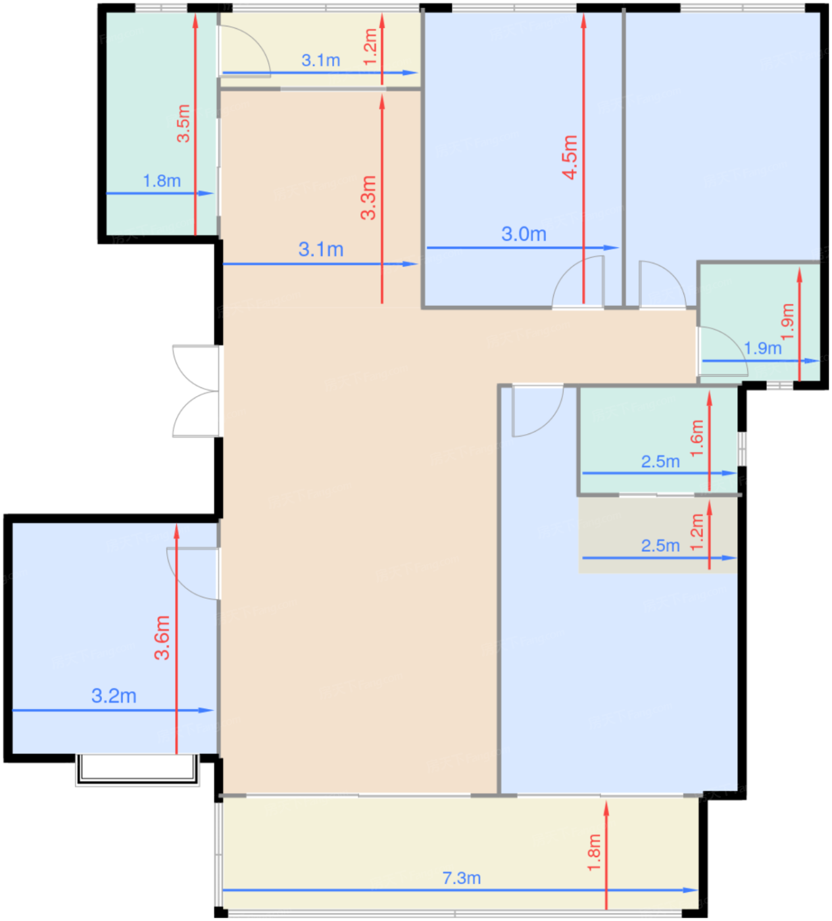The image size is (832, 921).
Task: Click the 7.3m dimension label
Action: click(462, 878)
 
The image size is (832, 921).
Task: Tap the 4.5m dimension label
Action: click(570, 157)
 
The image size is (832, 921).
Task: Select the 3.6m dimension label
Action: click(162, 637)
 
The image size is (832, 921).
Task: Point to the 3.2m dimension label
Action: click(114, 695)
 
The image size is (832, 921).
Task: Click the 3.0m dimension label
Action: click(524, 234)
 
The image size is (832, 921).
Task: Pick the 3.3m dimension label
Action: click(368, 197)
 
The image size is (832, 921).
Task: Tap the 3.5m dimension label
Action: click(184, 124)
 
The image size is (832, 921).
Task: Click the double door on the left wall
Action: click(197, 391)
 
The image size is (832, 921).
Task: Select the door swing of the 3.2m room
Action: click(193, 574)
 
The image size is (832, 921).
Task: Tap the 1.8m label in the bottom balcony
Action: click(594, 853)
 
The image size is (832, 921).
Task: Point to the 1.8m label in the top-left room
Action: click(162, 181)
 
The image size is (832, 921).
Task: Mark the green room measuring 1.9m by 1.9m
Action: click(760, 322)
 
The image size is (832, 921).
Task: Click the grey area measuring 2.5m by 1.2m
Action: click(658, 535)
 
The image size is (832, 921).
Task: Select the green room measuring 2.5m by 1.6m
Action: click(658, 441)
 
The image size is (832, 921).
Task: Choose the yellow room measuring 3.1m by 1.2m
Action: click(320, 49)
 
